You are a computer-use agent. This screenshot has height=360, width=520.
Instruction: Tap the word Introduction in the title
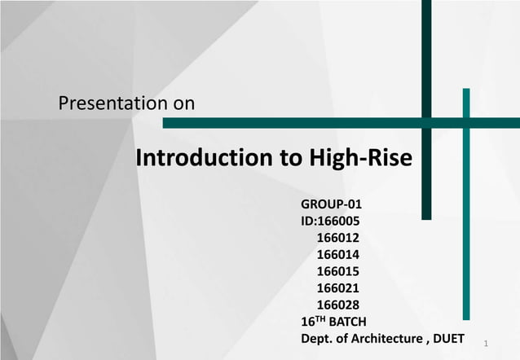(x=204, y=157)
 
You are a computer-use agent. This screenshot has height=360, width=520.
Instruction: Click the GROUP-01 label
(x=332, y=204)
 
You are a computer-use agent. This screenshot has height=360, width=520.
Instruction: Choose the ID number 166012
(x=337, y=238)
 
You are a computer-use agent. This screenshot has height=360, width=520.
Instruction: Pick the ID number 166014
(x=337, y=254)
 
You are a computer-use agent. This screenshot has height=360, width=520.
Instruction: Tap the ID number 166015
(x=337, y=271)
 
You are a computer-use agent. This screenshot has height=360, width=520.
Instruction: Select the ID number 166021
(x=337, y=288)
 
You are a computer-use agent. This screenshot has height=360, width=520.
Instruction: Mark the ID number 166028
(x=337, y=305)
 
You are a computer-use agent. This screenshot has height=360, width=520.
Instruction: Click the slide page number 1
(x=486, y=345)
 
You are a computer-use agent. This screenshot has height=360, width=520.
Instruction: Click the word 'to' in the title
(x=291, y=157)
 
